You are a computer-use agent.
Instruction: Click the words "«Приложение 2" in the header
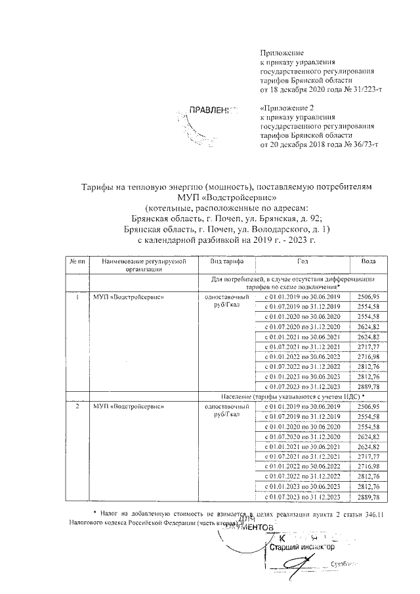click(x=287, y=107)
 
